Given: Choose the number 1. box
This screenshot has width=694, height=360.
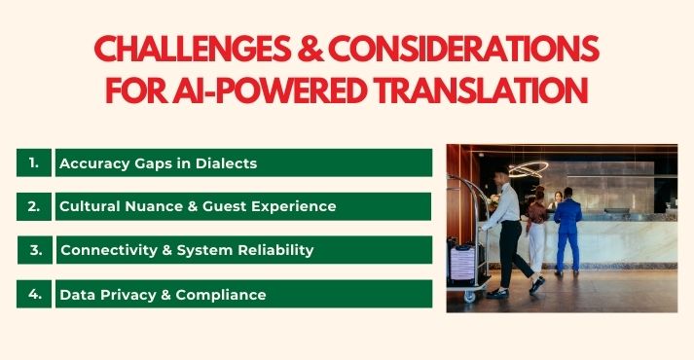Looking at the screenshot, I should tap(34, 162).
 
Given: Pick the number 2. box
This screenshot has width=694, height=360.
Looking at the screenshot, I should tap(34, 206).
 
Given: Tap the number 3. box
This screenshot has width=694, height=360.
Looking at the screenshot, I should tap(34, 250).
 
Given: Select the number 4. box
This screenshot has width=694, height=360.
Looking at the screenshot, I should tap(34, 294).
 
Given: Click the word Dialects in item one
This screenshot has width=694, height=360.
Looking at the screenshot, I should tap(225, 163).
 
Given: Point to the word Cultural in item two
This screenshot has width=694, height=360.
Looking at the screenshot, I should tap(91, 206).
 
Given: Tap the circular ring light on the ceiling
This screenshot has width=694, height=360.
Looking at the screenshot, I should tap(529, 168).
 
